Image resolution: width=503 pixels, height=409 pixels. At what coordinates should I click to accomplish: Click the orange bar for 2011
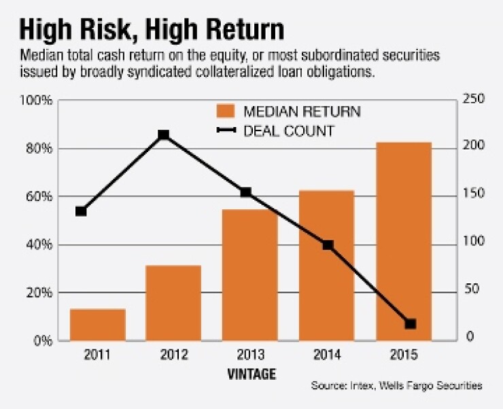(97, 325)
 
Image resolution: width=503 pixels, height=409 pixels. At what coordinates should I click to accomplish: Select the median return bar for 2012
(173, 303)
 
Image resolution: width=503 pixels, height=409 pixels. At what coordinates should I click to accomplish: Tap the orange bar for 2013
(250, 274)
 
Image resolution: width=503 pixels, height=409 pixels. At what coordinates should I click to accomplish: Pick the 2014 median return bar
(327, 266)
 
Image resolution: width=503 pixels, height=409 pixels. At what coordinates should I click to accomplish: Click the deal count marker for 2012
(163, 135)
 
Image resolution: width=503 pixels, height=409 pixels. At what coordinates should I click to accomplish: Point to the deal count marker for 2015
(410, 324)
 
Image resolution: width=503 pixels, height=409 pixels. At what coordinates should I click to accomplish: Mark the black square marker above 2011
(81, 211)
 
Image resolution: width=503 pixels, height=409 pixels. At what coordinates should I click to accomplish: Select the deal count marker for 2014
(328, 245)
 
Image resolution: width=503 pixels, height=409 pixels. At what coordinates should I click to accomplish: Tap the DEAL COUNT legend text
(289, 130)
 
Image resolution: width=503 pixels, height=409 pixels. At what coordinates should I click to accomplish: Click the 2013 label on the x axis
(250, 355)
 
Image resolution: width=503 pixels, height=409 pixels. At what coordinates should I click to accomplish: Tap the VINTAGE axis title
(251, 374)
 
